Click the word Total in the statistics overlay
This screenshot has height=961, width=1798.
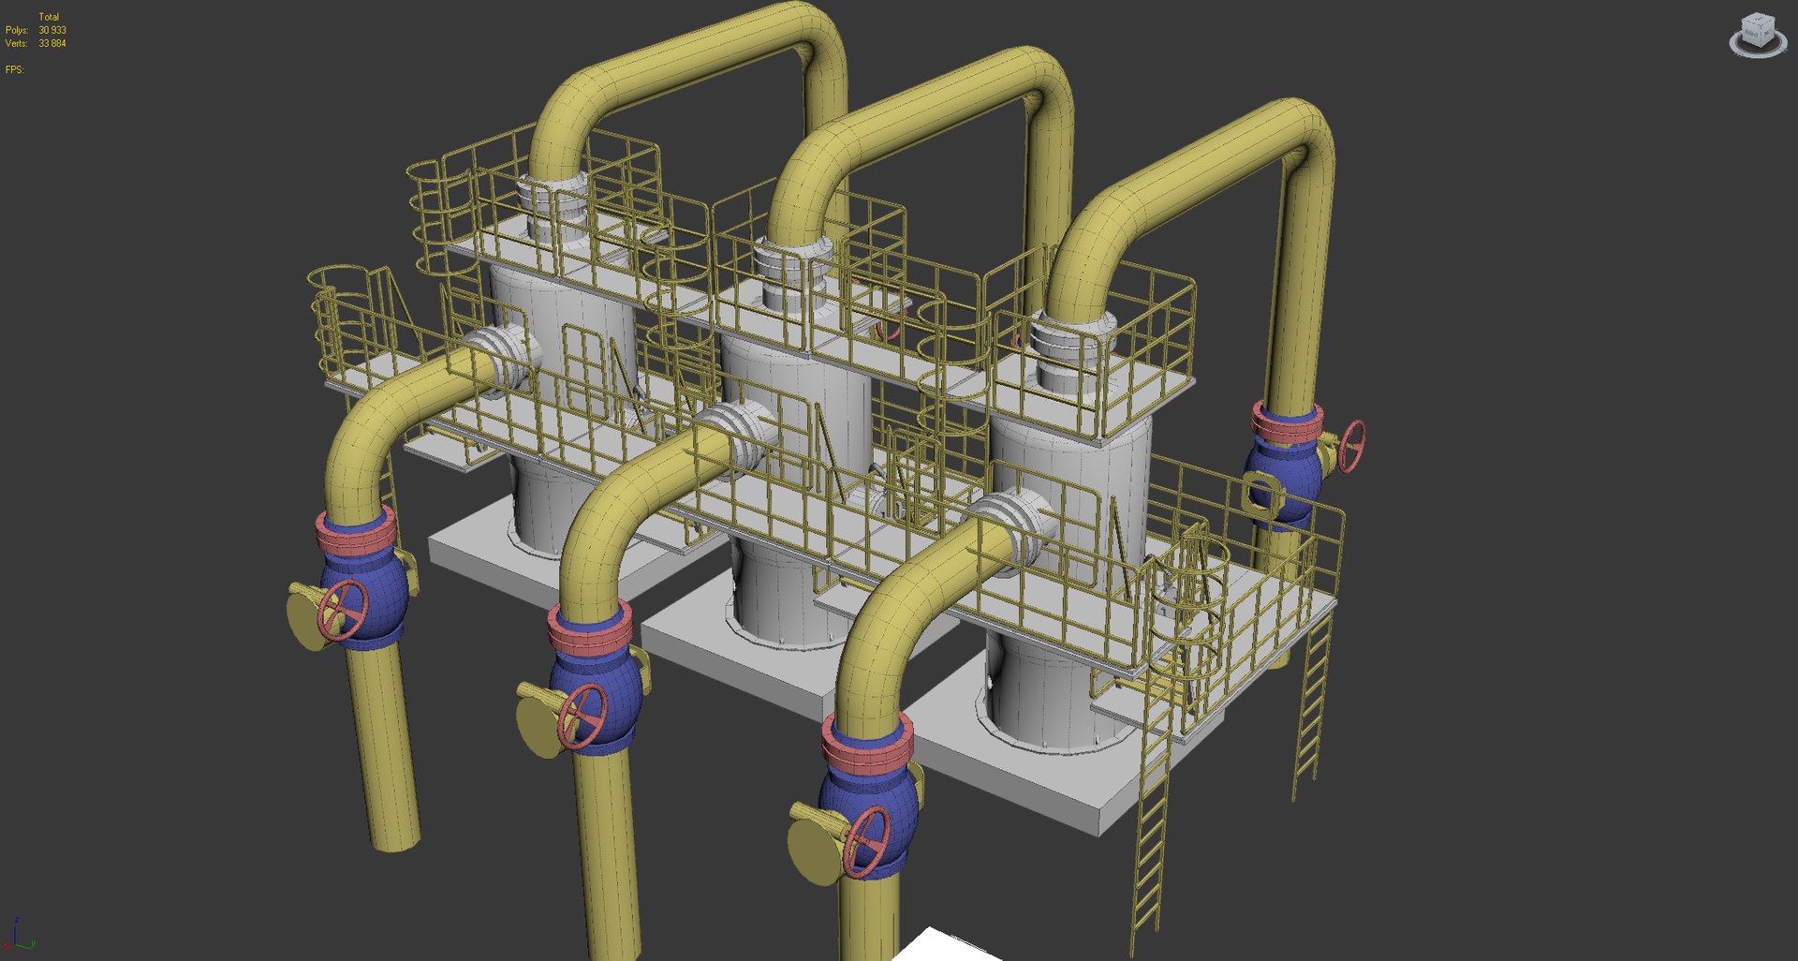click(x=49, y=17)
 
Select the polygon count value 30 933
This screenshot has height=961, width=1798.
click(x=52, y=30)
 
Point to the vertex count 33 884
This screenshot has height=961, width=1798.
click(x=52, y=43)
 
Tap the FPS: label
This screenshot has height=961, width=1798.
click(x=14, y=69)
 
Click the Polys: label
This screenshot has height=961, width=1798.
click(x=16, y=30)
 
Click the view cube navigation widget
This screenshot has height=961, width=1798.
click(x=1757, y=36)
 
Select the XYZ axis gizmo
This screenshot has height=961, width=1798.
click(x=19, y=935)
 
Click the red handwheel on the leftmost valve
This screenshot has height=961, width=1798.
click(x=342, y=610)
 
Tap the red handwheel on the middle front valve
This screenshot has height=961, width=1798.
click(x=582, y=717)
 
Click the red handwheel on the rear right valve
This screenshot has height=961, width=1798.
click(x=1352, y=446)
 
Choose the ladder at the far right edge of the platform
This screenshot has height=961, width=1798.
click(x=1311, y=712)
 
